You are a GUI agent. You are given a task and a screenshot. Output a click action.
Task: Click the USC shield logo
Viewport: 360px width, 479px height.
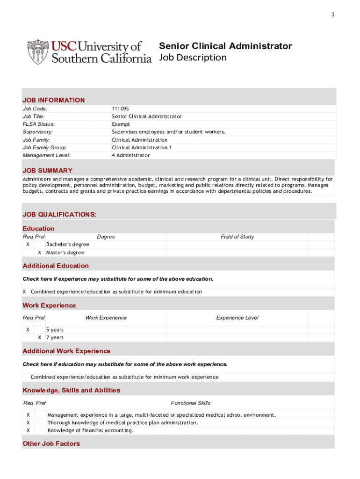pos(37,51)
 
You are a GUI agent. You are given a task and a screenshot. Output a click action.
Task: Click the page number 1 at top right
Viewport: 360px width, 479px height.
pos(333,15)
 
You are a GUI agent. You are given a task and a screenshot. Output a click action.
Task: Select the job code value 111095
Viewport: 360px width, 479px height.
pos(120,109)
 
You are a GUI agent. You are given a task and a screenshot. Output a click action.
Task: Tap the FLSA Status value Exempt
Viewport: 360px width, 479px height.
pos(121,124)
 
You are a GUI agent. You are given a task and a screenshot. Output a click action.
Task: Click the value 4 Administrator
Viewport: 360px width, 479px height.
pos(131,155)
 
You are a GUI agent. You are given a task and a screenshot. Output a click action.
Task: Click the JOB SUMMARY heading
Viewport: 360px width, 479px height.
pos(47,171)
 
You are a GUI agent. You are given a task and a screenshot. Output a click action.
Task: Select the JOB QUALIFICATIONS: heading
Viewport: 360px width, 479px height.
pos(59,214)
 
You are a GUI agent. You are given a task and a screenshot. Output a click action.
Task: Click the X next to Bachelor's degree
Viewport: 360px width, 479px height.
pos(28,244)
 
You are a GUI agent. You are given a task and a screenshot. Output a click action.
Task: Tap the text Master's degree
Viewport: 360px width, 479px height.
pos(65,253)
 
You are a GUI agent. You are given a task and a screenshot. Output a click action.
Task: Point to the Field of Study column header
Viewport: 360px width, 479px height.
pos(237,237)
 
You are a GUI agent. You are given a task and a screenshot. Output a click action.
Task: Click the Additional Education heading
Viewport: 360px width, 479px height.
pos(56,266)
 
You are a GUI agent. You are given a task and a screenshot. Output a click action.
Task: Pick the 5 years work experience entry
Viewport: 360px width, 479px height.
pos(55,330)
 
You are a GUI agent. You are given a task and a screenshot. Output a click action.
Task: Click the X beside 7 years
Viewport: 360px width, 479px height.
pos(40,337)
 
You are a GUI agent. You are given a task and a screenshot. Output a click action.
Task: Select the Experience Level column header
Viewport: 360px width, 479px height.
pos(237,318)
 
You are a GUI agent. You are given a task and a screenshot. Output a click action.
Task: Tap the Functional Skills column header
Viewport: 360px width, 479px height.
pos(191,403)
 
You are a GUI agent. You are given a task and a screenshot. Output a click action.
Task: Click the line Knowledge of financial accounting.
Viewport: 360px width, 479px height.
pos(90,430)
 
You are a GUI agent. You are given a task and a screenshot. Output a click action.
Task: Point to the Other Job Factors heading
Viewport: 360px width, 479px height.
pos(51,443)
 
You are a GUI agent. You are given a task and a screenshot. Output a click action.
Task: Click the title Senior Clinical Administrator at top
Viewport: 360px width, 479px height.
pos(225,46)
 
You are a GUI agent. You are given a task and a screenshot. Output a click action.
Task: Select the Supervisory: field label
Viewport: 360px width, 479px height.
pos(38,132)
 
